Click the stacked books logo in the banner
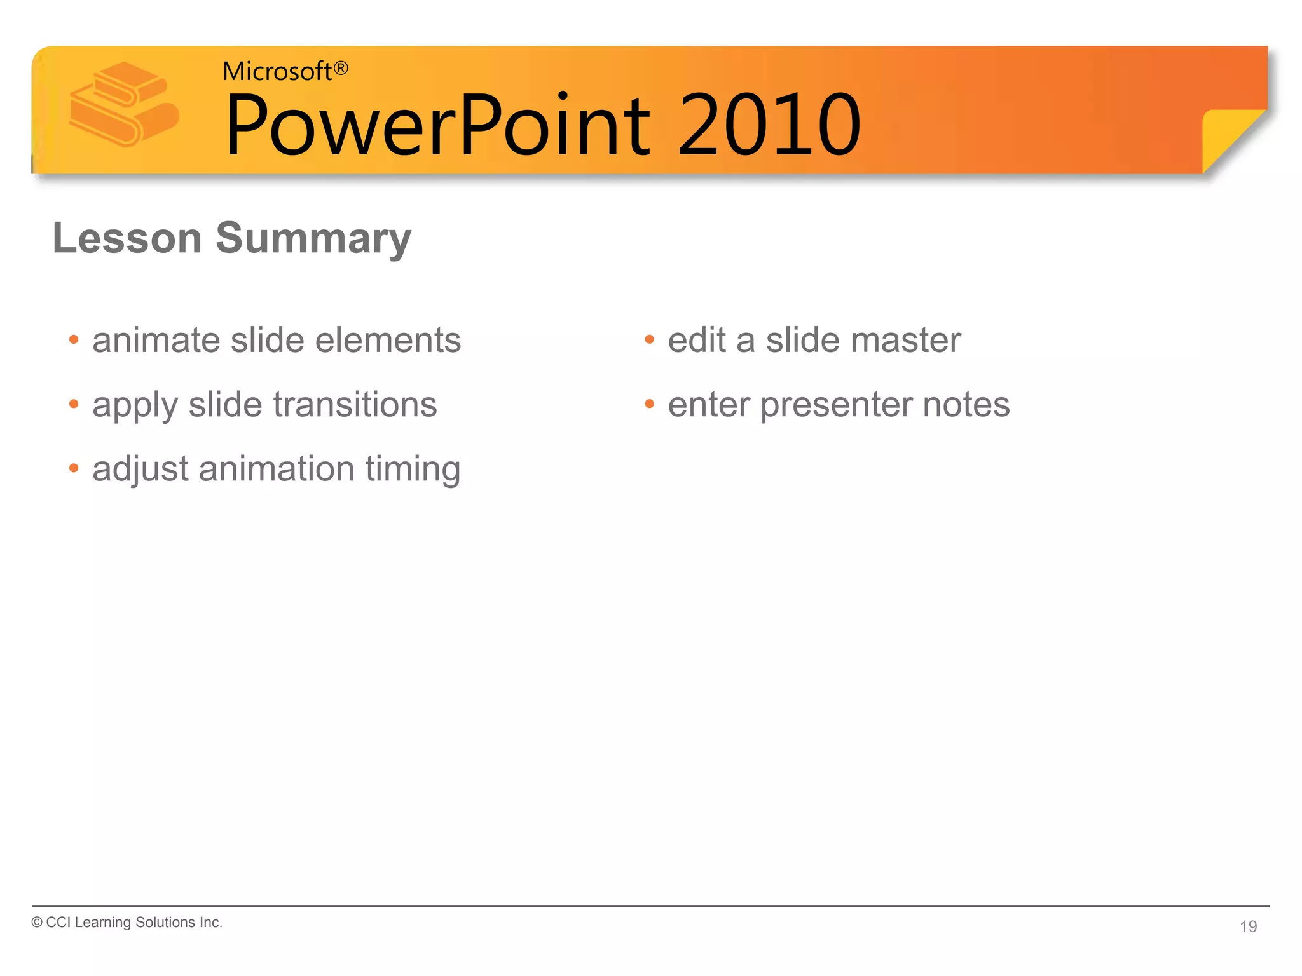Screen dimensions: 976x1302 124,105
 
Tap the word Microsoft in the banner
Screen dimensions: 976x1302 277,72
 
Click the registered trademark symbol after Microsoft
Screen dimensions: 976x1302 341,68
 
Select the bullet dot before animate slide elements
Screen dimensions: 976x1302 74,340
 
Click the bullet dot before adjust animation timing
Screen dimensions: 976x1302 74,469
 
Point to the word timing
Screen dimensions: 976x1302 413,470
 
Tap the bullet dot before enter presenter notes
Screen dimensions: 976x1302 649,404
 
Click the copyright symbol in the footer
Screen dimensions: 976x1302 37,923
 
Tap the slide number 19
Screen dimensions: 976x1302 1248,926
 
